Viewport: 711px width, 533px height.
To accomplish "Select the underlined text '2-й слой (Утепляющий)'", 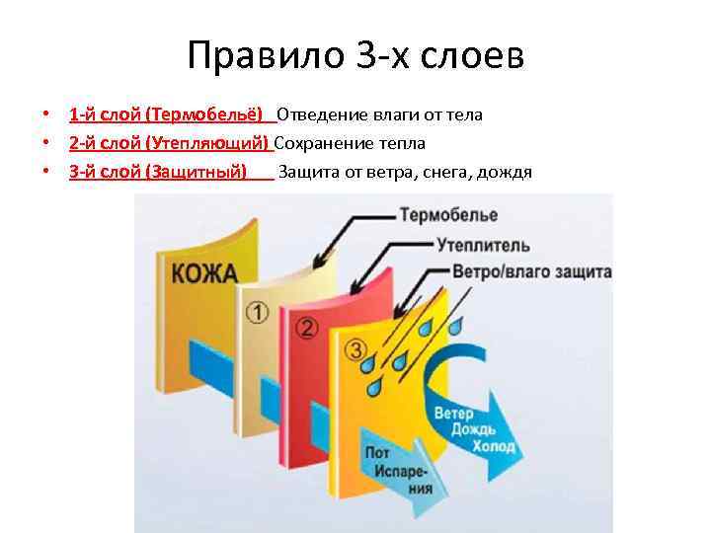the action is click(x=170, y=144).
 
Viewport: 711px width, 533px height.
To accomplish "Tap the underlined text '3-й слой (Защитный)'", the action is click(x=158, y=173).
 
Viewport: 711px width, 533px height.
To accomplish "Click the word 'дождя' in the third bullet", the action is click(x=504, y=173).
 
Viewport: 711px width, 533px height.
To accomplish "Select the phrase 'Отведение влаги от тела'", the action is click(x=379, y=115).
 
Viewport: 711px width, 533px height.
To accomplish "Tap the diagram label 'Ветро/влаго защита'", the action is click(x=532, y=271).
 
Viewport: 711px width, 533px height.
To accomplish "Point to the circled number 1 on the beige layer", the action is click(x=257, y=313).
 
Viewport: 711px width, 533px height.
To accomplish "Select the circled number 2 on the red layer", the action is click(x=306, y=328).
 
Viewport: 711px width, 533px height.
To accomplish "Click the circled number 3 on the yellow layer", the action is click(x=356, y=349).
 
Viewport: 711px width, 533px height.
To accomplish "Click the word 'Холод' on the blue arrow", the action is click(x=494, y=446).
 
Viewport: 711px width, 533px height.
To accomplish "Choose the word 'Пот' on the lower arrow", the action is click(x=377, y=452).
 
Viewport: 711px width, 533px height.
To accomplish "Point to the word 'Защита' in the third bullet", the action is click(x=307, y=173).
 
